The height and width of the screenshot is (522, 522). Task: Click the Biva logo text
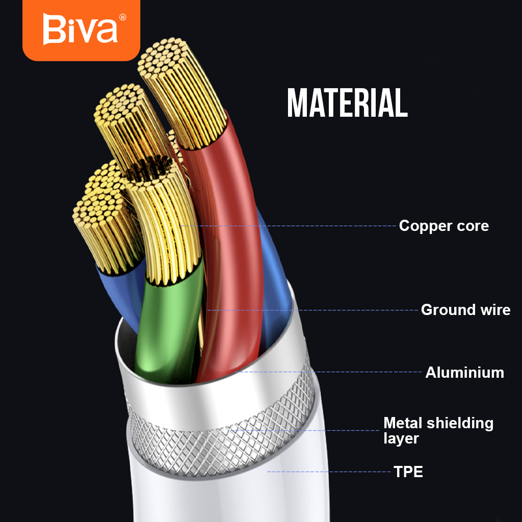pos(80,30)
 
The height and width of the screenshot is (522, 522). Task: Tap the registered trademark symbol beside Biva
pos(123,17)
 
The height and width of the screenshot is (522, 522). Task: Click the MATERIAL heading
pos(347,103)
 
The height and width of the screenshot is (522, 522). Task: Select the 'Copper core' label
pos(443,226)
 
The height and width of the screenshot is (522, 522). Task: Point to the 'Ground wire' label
pos(465,310)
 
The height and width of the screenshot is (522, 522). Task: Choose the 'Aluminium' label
pos(464,373)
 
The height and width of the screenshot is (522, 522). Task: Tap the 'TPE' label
pos(408,472)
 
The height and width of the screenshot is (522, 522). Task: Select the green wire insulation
pos(163,326)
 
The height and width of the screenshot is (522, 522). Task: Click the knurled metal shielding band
pos(219,433)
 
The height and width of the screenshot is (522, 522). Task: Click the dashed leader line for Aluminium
pos(367,372)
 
